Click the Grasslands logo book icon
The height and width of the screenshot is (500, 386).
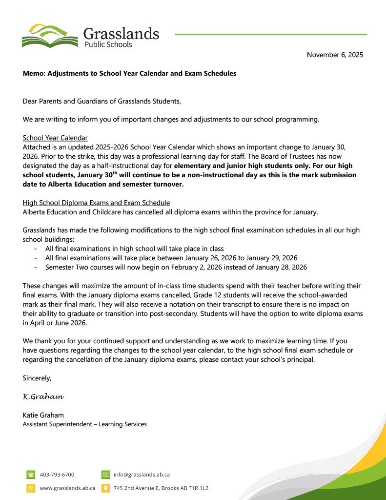pos(49,36)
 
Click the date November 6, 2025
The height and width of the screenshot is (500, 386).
pos(335,55)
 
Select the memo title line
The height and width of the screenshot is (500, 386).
pos(129,73)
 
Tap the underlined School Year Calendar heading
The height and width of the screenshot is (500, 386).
pos(55,138)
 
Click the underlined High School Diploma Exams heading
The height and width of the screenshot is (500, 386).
pos(96,203)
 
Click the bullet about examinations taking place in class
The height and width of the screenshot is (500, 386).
pos(134,249)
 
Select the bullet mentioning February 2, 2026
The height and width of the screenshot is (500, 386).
pos(176,267)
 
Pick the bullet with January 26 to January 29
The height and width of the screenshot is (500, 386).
pos(171,258)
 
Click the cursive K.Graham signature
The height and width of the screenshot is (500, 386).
pos(44,396)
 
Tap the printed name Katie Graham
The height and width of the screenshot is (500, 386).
pos(43,415)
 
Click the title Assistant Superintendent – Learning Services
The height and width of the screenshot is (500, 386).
pos(84,424)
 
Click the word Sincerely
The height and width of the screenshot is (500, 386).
pos(37,377)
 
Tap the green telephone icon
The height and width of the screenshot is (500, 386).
pos(31,474)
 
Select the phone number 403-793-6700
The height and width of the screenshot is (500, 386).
pos(57,474)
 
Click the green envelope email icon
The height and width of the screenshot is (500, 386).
pos(105,474)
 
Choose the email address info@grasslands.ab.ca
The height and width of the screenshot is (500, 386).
pos(142,474)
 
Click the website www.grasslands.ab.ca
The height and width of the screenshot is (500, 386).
pos(67,488)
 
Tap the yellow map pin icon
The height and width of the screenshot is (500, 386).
pos(105,488)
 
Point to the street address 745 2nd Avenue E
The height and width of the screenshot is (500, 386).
pos(161,488)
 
